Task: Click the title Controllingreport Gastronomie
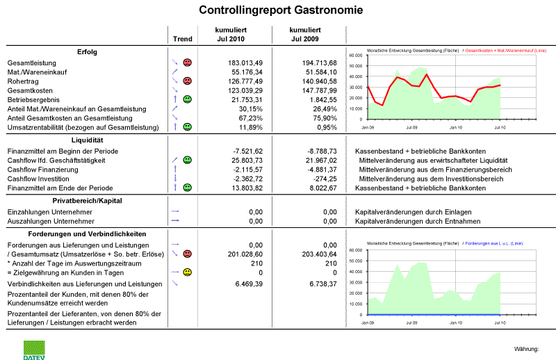point(281,10)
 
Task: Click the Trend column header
point(182,39)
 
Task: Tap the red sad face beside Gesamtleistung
point(188,63)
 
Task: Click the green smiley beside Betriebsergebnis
point(188,100)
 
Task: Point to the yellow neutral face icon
point(188,272)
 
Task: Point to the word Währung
point(526,347)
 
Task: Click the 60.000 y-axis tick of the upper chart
point(356,55)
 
